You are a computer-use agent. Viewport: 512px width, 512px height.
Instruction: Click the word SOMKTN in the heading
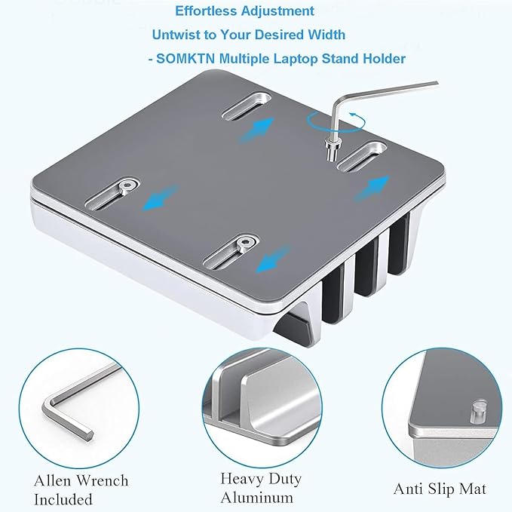tap(185, 59)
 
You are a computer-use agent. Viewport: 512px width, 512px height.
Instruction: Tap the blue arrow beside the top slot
tap(256, 130)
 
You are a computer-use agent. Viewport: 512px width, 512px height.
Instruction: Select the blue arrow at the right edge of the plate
tap(373, 189)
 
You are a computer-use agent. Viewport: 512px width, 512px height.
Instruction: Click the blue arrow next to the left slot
tap(161, 198)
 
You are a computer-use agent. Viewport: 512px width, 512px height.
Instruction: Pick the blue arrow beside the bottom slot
tap(272, 259)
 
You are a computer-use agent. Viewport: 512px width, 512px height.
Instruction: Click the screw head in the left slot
tap(127, 186)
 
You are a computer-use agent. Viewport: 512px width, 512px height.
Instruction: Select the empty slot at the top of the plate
tap(247, 106)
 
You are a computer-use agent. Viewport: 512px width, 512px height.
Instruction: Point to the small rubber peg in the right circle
tap(478, 412)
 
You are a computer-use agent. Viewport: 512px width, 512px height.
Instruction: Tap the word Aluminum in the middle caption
tap(256, 498)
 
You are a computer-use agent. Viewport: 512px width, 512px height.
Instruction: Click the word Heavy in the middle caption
tap(242, 479)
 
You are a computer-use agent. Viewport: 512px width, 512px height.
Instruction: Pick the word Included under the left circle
tap(63, 500)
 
